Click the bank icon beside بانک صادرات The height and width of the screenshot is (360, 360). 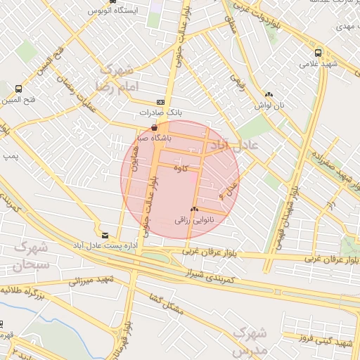click(161, 102)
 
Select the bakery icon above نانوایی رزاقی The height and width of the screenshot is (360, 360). click(193, 210)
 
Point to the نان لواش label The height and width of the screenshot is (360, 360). click(269, 105)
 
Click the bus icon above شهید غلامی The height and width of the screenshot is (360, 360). click(319, 52)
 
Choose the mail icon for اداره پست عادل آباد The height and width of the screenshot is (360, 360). click(105, 235)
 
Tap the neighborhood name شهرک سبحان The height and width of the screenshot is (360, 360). click(28, 257)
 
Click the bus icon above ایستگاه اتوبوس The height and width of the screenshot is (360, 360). click(93, 2)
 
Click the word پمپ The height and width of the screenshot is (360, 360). click(11, 153)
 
